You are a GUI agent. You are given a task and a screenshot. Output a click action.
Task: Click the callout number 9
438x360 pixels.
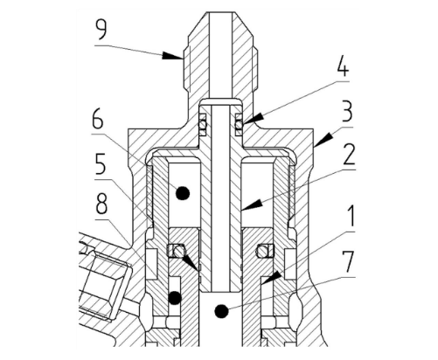click(101, 30)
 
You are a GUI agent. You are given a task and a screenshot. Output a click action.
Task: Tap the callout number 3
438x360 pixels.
click(346, 112)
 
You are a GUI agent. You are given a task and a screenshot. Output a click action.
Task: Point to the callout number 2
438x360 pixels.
click(348, 154)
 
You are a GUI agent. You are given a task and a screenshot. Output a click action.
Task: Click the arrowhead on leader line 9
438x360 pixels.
click(173, 56)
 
